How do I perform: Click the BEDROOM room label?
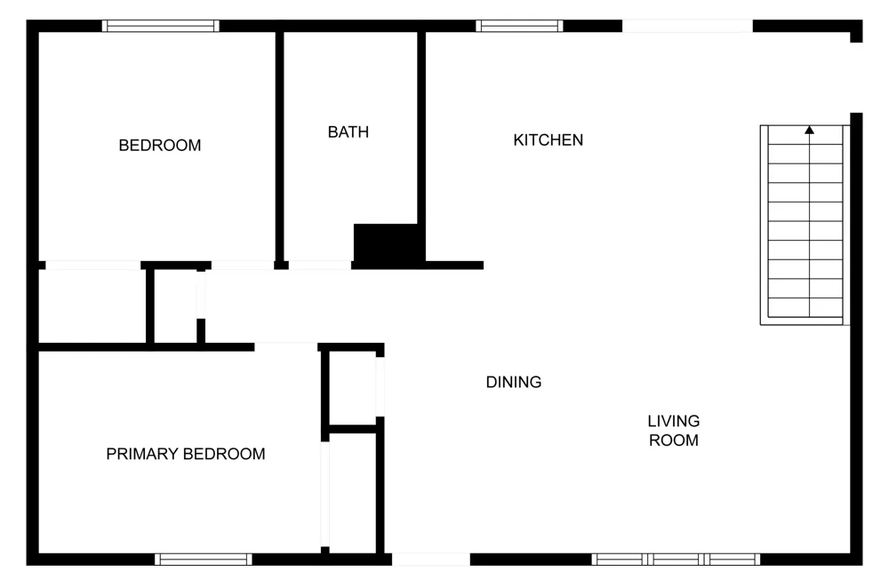pos(160,146)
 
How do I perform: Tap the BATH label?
pos(348,132)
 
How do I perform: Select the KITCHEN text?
pos(549,140)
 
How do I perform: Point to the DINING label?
pos(514,382)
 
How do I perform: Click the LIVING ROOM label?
pos(674,431)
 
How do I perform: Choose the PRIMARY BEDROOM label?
pos(186,454)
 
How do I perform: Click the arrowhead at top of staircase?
pos(809,130)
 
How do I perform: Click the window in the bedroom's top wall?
pos(160,26)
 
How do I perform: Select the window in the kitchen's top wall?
pos(519,26)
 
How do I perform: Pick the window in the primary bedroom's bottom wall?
pos(204,559)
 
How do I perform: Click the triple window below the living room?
pos(676,559)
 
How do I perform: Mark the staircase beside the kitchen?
pos(805,225)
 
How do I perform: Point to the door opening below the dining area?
pos(431,559)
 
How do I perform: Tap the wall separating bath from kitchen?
pos(421,128)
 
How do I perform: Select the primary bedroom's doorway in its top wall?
pos(285,346)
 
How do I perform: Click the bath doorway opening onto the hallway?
pos(320,265)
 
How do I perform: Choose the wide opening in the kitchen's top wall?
pos(688,26)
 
